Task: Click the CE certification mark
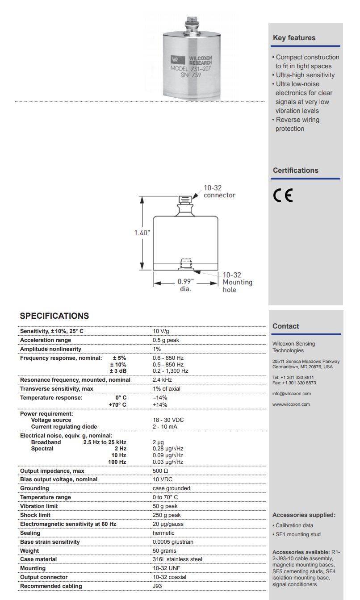[283, 196]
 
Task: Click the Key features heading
[294, 38]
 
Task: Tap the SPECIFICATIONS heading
[54, 316]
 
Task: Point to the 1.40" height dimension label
[142, 233]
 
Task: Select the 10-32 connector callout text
[219, 192]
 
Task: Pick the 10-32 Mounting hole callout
[237, 282]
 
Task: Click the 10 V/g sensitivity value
[161, 331]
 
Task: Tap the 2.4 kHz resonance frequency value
[162, 380]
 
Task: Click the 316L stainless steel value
[177, 559]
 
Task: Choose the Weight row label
[29, 551]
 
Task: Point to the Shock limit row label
[35, 515]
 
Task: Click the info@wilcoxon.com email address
[291, 394]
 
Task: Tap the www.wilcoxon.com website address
[291, 404]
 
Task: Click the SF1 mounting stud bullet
[298, 534]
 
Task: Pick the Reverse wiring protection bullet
[297, 124]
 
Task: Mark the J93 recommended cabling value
[157, 586]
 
